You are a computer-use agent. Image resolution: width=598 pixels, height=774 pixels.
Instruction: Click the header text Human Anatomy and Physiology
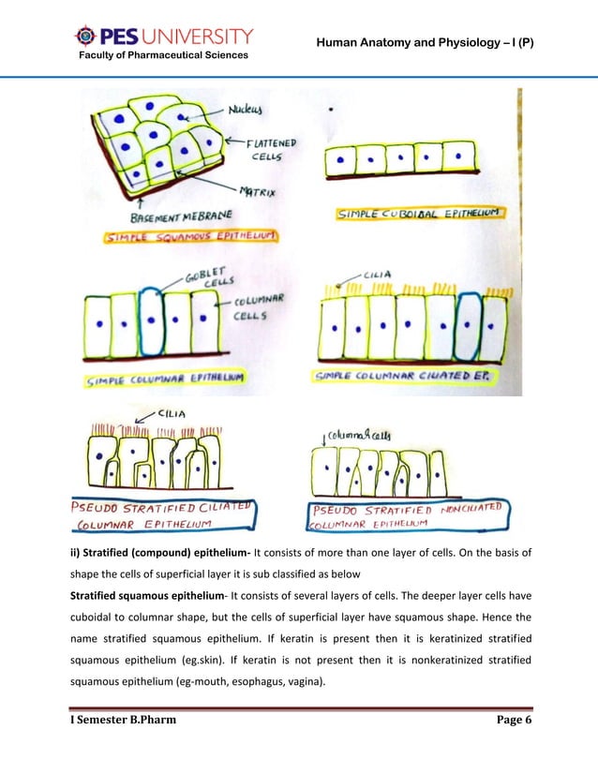(x=424, y=43)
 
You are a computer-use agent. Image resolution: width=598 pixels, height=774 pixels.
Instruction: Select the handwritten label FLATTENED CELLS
(x=271, y=150)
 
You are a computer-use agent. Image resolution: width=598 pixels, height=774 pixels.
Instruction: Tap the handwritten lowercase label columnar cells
(x=348, y=434)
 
